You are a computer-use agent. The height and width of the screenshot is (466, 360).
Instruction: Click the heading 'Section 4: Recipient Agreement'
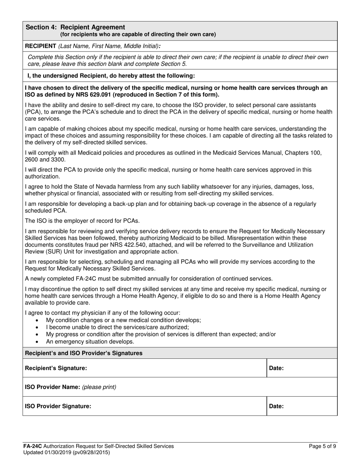coord(75,27)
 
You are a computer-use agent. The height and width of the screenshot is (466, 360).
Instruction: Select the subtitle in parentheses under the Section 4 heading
coord(138,34)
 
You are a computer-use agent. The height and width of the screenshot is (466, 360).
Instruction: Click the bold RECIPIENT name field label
coord(40,46)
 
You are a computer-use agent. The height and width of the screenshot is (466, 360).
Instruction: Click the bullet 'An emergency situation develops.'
coord(90,341)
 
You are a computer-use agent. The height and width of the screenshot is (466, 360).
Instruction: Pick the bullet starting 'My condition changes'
coord(123,320)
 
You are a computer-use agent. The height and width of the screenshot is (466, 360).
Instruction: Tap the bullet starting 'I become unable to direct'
coord(117,327)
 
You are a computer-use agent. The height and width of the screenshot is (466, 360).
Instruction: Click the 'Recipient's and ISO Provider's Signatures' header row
coord(83,353)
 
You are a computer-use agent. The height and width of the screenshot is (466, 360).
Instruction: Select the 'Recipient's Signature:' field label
coord(56,368)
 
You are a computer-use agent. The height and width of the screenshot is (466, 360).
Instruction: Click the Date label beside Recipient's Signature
coord(276,368)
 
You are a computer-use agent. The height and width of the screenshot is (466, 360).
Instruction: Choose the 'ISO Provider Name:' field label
coord(52,387)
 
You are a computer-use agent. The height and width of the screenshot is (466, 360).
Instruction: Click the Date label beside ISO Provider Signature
coord(276,406)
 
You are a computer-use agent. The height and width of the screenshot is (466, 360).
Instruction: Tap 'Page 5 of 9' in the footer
coord(322,446)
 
